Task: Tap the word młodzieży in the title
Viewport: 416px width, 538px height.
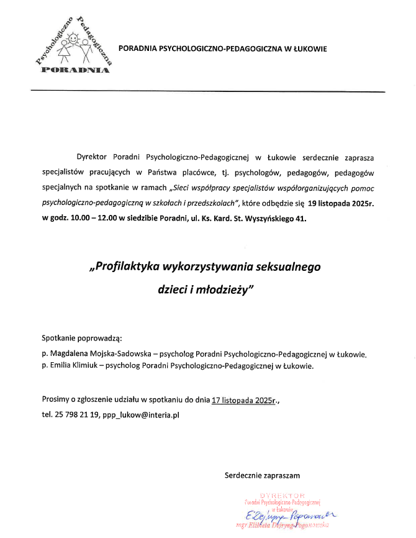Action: (220, 290)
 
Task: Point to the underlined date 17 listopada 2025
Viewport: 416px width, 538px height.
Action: (242, 399)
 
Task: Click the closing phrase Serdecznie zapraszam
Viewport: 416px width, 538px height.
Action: (262, 475)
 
